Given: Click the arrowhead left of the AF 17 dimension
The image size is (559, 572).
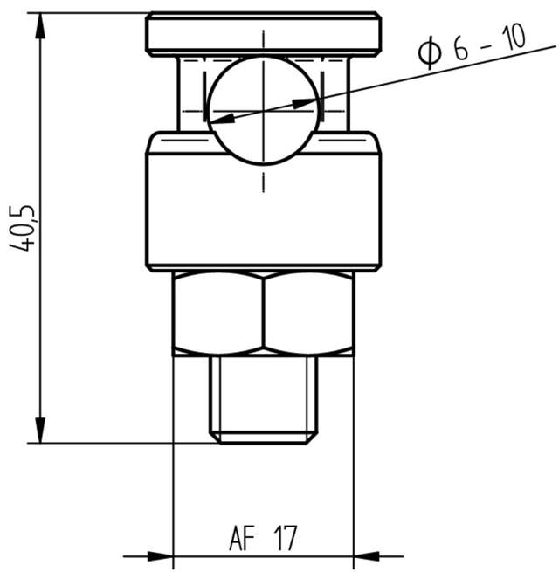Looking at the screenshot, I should [x=161, y=555].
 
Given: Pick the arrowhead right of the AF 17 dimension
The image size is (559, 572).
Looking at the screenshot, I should [x=366, y=555].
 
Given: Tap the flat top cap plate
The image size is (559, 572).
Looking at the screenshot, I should [x=262, y=33].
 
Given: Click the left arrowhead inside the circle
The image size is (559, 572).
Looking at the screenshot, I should [x=222, y=115].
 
